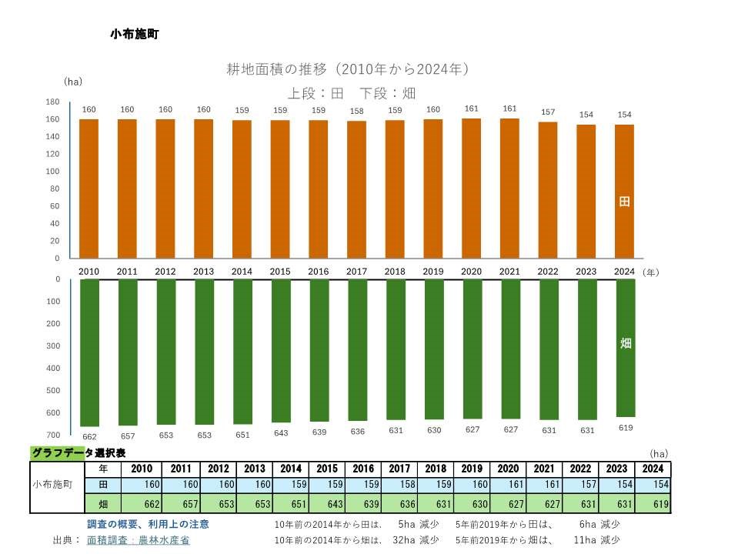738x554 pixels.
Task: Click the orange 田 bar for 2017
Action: [357, 189]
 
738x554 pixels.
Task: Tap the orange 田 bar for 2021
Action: [510, 189]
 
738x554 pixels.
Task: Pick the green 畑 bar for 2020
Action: [472, 349]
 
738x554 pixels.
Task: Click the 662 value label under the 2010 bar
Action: [89, 436]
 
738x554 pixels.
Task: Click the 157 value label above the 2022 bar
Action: [548, 112]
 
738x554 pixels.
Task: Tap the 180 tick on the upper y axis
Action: [52, 102]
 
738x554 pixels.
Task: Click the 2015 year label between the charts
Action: [280, 272]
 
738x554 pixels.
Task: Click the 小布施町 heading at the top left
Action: [135, 34]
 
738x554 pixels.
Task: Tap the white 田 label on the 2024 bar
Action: [625, 202]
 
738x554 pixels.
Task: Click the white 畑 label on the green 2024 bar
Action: [626, 343]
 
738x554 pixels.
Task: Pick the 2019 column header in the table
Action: [473, 469]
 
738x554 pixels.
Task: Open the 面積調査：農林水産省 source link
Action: [139, 540]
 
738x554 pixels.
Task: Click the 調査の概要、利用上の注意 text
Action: [148, 524]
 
